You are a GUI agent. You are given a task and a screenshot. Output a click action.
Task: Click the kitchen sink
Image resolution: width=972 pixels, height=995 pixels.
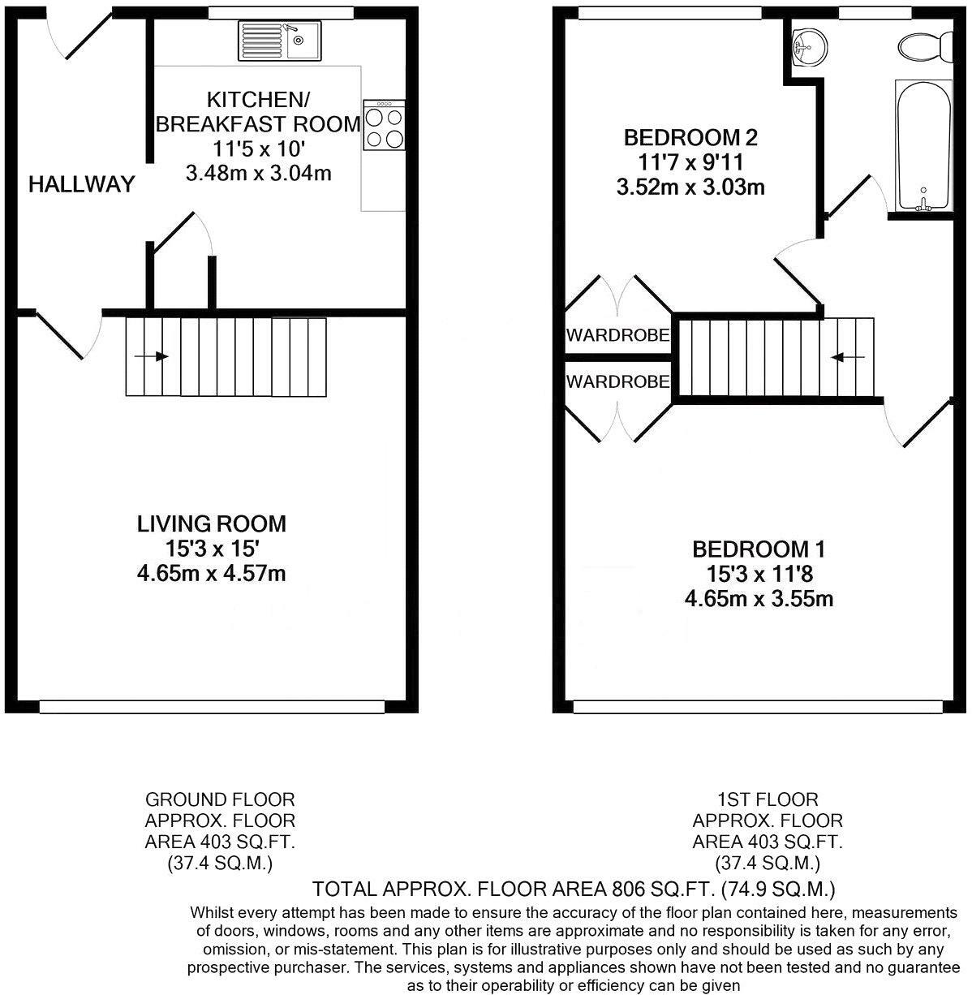click(279, 41)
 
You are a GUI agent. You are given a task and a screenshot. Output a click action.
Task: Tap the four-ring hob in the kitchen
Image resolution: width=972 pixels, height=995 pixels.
click(384, 125)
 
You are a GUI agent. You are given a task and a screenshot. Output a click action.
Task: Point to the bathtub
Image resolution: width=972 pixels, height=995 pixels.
click(924, 146)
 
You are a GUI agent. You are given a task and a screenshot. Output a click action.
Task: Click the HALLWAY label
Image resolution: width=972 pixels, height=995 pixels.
click(81, 184)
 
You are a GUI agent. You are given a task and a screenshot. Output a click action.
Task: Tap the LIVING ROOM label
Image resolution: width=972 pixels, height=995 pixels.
click(211, 524)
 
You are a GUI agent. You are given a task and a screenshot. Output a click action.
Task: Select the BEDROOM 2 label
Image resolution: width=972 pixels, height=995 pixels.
click(690, 137)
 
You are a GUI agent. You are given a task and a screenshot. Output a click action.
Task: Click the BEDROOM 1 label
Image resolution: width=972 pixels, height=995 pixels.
click(759, 549)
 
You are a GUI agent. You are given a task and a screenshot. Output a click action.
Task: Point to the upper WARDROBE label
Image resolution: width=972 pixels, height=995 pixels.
click(617, 335)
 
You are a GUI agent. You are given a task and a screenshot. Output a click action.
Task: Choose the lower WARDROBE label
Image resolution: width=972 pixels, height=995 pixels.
click(617, 381)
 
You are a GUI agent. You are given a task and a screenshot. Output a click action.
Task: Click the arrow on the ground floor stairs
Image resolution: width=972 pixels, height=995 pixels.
click(151, 356)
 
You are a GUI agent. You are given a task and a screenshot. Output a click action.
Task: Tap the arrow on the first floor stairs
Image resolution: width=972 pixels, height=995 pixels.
click(847, 357)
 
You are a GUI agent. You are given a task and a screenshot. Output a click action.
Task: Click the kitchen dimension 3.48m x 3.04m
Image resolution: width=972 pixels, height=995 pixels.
click(259, 174)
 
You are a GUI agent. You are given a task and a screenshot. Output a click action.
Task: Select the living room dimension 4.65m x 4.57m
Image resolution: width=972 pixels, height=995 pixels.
click(211, 574)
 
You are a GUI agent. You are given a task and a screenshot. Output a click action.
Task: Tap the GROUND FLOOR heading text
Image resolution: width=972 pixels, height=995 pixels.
click(220, 799)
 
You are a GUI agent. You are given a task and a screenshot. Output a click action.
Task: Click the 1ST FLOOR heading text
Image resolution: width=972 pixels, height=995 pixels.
click(768, 799)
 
